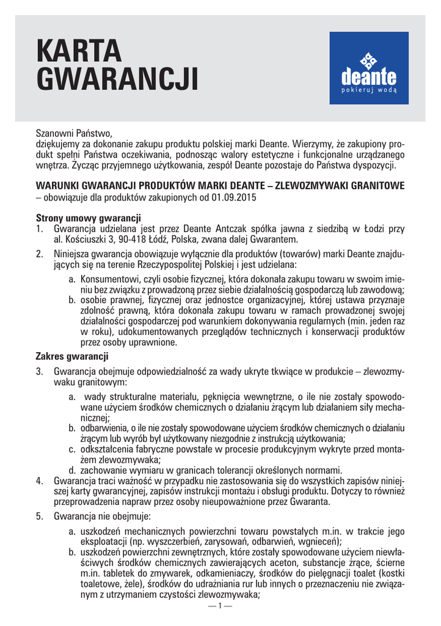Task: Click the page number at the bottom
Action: coord(220,606)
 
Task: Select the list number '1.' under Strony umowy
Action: coord(40,229)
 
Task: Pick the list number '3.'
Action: coord(40,371)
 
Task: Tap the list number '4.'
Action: coord(40,482)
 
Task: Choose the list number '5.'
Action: coord(40,517)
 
